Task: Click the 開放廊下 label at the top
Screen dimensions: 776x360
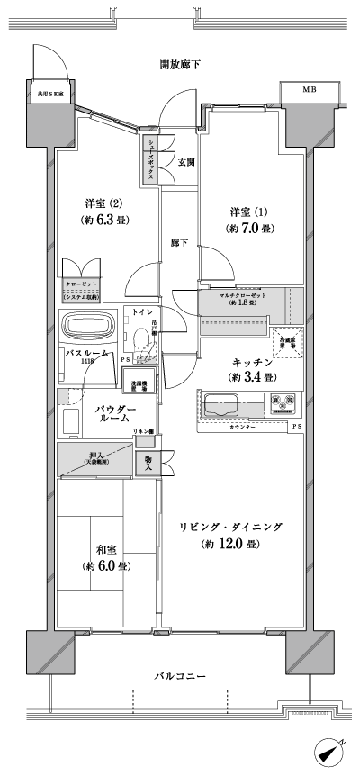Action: pyautogui.click(x=179, y=64)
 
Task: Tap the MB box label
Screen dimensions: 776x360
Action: pyautogui.click(x=309, y=90)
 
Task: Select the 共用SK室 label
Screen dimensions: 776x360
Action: pyautogui.click(x=49, y=91)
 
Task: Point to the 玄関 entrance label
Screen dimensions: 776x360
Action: pyautogui.click(x=186, y=162)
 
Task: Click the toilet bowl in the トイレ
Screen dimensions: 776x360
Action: pyautogui.click(x=139, y=338)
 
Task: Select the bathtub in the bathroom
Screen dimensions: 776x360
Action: pyautogui.click(x=86, y=325)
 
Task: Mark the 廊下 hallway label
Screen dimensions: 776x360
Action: pyautogui.click(x=179, y=243)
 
